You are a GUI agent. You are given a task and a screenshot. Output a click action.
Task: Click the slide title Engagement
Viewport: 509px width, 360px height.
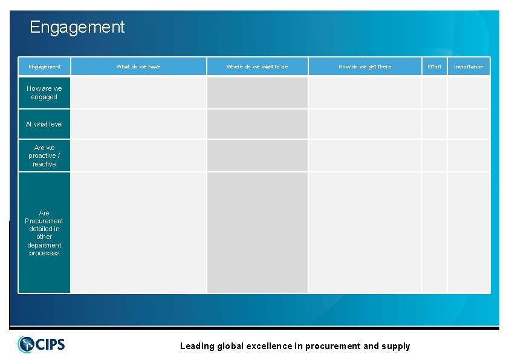pos(77,27)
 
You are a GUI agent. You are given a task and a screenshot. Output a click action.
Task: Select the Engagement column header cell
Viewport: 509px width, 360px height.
pos(44,67)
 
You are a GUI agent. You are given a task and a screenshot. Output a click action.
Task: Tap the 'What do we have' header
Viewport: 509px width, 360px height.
pos(138,67)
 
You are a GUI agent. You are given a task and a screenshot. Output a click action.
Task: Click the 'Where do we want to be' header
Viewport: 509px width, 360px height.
pos(257,67)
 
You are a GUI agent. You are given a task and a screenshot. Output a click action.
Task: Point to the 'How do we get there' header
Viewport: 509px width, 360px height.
pos(365,67)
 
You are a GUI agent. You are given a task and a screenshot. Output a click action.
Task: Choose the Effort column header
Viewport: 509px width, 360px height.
pos(434,67)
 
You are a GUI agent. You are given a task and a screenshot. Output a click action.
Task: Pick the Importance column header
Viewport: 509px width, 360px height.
pos(468,67)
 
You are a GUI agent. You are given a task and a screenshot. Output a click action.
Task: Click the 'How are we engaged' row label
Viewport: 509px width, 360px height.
pos(44,93)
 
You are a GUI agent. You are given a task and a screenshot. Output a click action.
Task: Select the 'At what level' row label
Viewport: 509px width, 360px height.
pos(44,124)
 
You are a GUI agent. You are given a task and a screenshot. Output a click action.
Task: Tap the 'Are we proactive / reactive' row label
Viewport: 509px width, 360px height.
pos(44,155)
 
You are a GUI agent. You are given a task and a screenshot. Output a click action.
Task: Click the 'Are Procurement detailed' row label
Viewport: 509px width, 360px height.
pos(44,233)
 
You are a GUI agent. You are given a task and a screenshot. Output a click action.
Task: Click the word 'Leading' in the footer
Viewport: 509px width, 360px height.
pos(198,346)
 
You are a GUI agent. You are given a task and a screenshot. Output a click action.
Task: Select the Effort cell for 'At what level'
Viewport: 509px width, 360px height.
pos(434,124)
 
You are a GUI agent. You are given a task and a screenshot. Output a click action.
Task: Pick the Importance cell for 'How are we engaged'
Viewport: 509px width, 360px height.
pos(468,93)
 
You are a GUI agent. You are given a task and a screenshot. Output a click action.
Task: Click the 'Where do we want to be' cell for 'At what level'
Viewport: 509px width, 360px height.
pos(257,124)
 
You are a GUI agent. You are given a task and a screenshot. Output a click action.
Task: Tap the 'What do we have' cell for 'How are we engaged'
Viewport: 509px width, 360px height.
pos(138,93)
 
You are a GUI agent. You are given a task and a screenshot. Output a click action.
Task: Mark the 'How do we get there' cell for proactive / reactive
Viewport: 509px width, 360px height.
pos(365,155)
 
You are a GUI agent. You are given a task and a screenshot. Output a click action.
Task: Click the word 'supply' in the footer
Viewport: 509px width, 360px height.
pos(396,346)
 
